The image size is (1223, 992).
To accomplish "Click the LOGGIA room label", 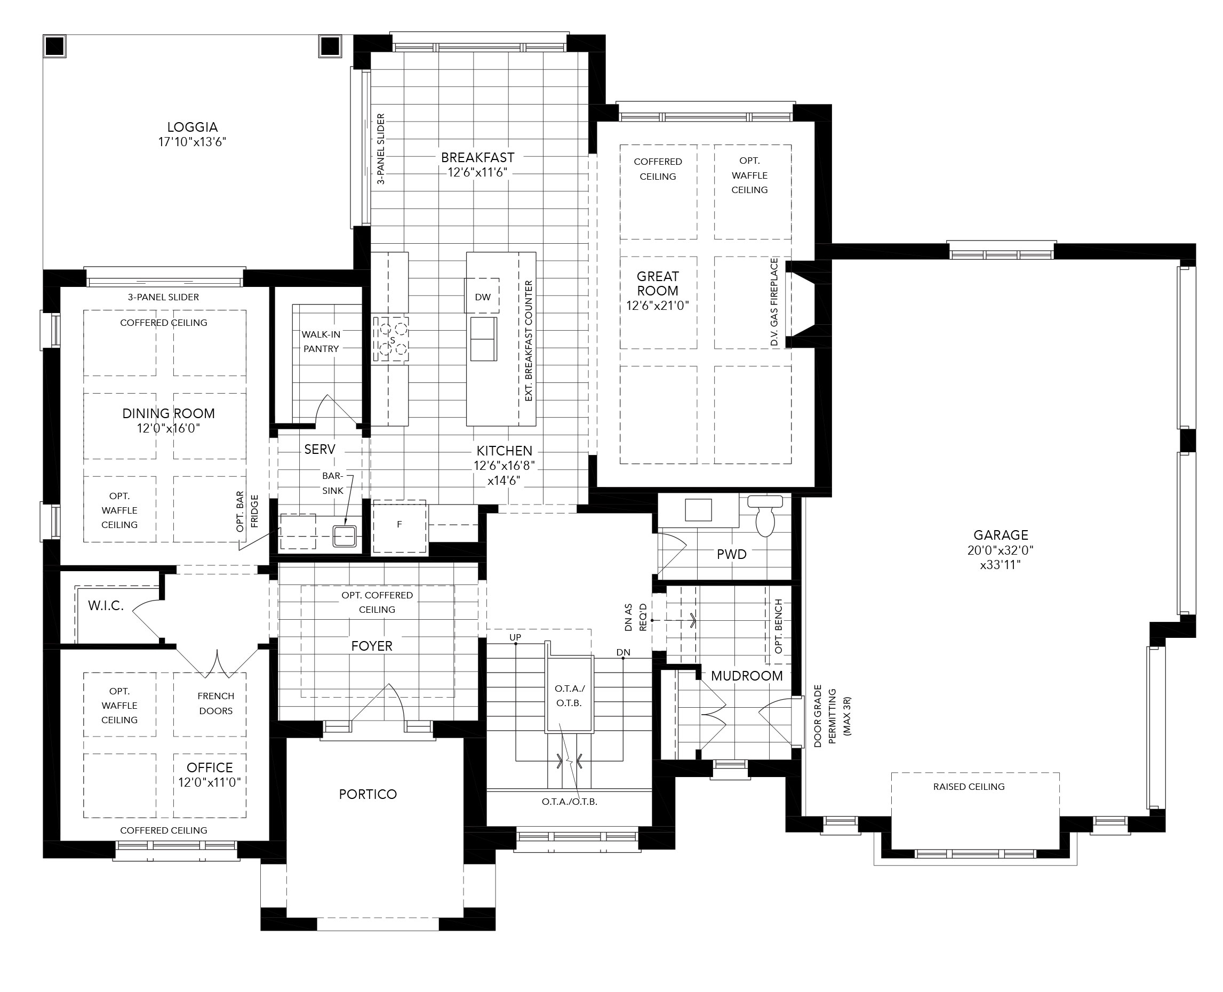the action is coord(193,127).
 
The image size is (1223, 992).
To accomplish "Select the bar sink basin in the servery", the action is coord(345,536).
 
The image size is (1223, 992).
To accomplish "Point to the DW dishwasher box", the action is coord(482,296).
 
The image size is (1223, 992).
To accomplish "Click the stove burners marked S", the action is coord(392,339).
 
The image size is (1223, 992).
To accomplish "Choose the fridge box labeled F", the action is coord(399,526).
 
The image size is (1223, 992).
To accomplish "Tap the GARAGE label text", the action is coord(1001,535).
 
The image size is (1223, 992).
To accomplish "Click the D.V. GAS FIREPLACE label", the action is coord(774,302).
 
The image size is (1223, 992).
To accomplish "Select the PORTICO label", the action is coord(367,794).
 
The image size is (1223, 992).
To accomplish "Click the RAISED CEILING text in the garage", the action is coord(969,787).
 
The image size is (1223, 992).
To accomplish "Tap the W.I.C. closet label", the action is coord(106,606).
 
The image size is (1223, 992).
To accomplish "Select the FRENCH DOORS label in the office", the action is coord(216,703).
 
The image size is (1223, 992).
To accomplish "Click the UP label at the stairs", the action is coord(515,637).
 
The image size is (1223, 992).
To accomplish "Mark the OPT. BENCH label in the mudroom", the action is coord(778,627).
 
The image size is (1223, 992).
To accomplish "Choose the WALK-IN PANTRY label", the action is coord(321,341).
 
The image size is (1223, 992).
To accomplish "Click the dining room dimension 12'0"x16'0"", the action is coord(169,428).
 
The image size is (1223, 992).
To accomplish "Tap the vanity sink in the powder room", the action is coord(698,510).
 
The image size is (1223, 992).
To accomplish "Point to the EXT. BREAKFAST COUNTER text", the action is coord(528,341).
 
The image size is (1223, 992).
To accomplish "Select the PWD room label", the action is coord(732,554).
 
